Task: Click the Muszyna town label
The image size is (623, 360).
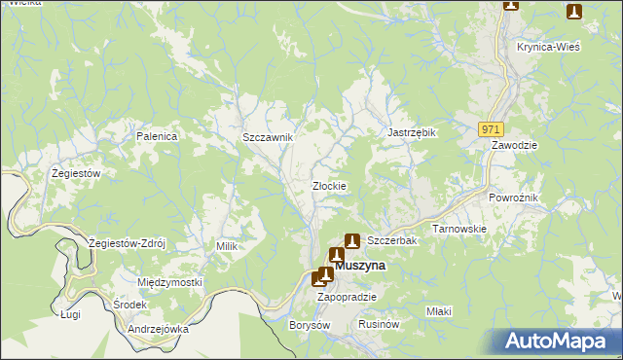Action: pos(360,265)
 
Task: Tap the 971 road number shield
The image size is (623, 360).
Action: pos(491,128)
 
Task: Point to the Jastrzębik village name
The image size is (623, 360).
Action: pos(411,132)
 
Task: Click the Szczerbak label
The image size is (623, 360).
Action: pos(391,240)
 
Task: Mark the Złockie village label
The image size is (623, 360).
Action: pos(329,186)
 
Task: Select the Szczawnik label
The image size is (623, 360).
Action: pos(268,138)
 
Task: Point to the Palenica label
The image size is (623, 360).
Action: pos(157,137)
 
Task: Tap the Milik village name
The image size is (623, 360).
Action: pos(227,246)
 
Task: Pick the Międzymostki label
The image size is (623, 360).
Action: pos(169,282)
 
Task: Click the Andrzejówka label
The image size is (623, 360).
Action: pos(157,329)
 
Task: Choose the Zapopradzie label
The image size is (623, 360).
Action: pos(347,297)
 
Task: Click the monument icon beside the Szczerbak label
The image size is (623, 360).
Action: pos(352,240)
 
